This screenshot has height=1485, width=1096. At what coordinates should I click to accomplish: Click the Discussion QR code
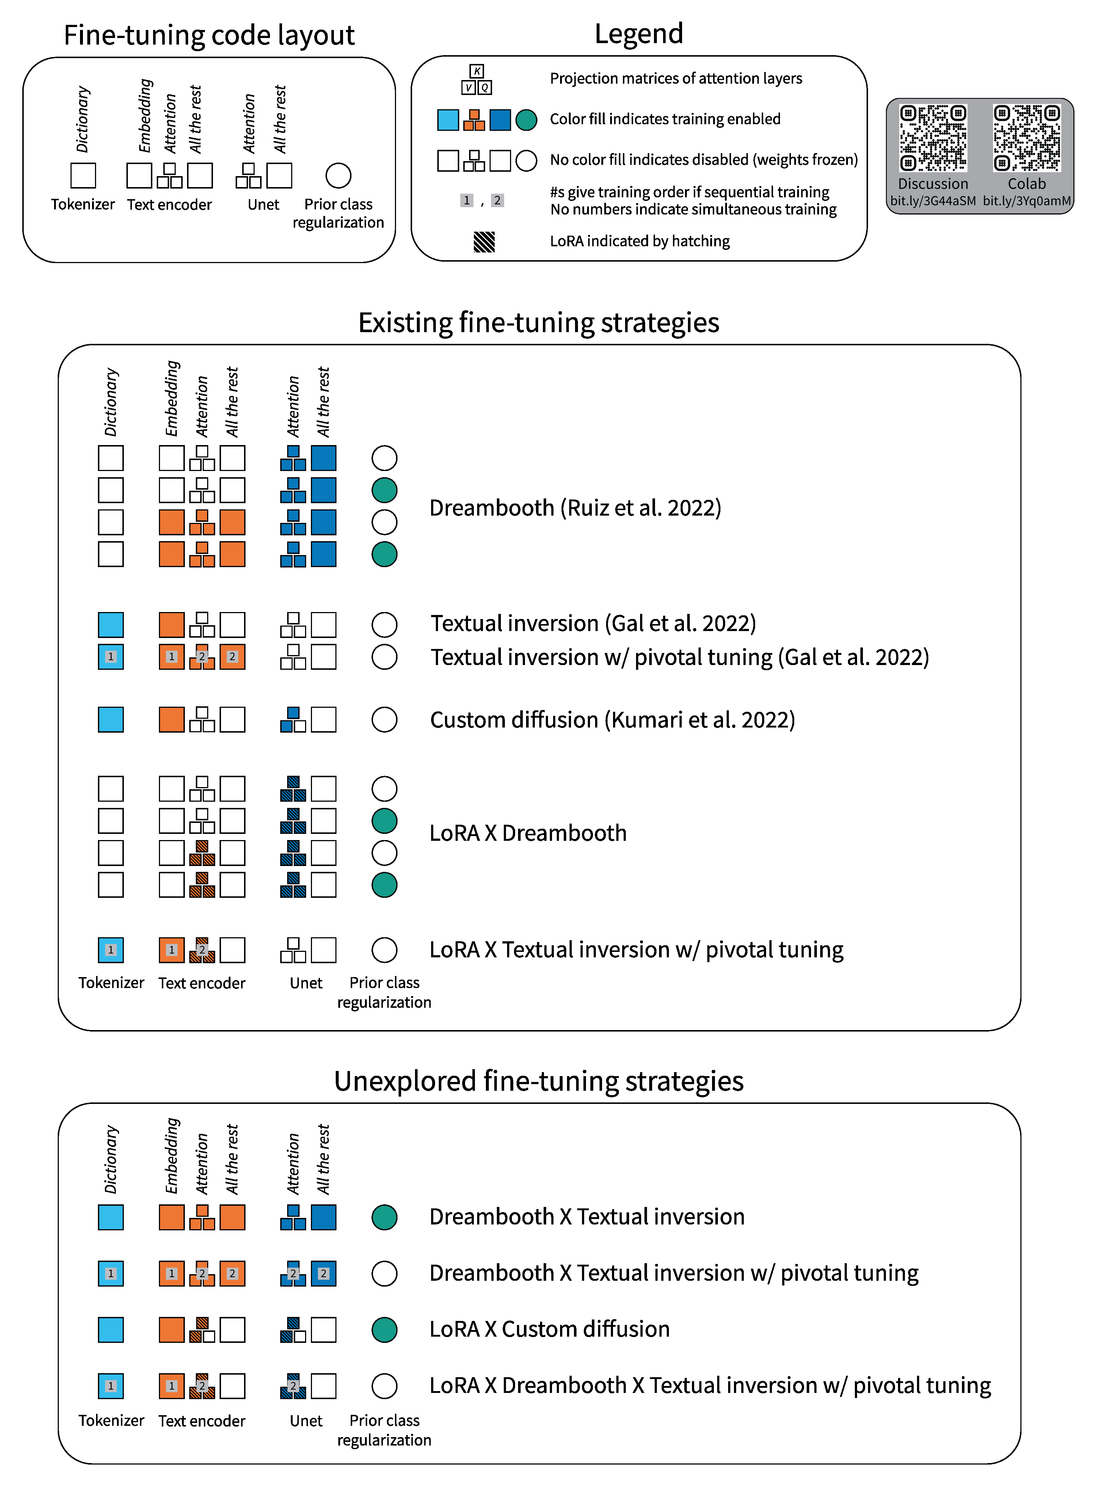933,138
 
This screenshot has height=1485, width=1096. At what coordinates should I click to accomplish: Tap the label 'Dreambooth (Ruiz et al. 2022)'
575,508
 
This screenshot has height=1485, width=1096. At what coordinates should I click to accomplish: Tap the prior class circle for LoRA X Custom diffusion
384,1330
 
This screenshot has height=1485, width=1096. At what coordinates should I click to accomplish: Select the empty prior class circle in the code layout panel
338,176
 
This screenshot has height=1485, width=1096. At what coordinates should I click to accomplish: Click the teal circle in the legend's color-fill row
526,120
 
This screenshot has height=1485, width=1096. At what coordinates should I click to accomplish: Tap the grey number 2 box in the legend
497,200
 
